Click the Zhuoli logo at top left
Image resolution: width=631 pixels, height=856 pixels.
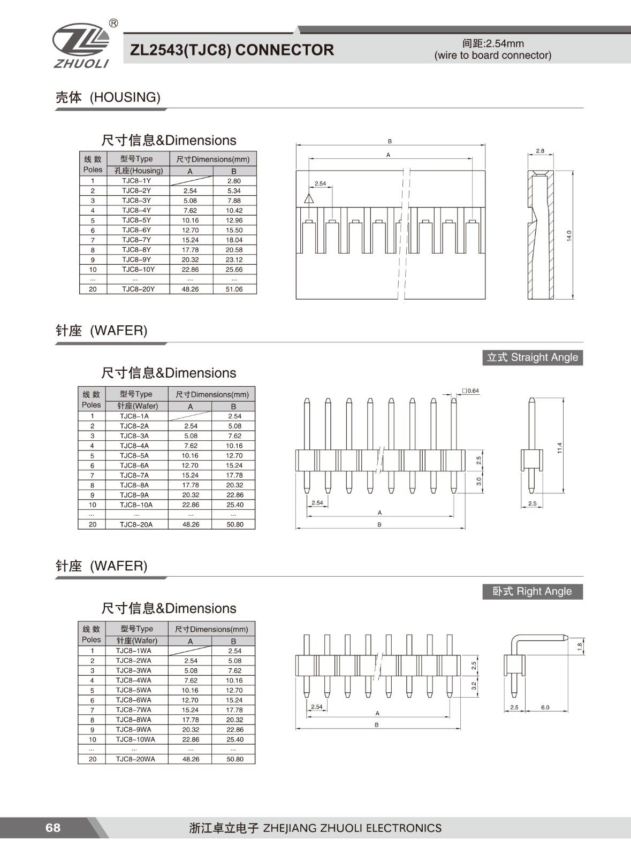point(81,45)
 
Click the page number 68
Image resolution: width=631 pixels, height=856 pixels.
point(53,828)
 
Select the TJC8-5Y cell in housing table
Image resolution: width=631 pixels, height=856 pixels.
point(136,220)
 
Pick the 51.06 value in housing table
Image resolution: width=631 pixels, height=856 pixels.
point(234,289)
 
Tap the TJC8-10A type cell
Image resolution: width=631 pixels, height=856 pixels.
point(136,505)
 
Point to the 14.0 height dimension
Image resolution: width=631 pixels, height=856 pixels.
point(569,235)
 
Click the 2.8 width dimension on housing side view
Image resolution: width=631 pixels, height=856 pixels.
point(540,151)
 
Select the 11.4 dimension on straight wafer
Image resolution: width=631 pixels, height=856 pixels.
point(560,448)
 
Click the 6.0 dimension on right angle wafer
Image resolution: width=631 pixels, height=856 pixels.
point(545,707)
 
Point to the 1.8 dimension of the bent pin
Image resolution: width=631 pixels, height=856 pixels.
point(580,646)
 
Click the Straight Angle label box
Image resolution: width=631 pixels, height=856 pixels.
point(533,357)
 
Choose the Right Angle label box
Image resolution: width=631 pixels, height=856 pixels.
point(533,591)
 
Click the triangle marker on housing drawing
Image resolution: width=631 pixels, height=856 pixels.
point(309,199)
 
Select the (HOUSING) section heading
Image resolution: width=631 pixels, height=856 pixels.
point(125,97)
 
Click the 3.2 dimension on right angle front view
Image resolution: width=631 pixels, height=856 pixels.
point(474,685)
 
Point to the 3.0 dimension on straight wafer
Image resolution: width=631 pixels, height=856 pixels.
point(479,481)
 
